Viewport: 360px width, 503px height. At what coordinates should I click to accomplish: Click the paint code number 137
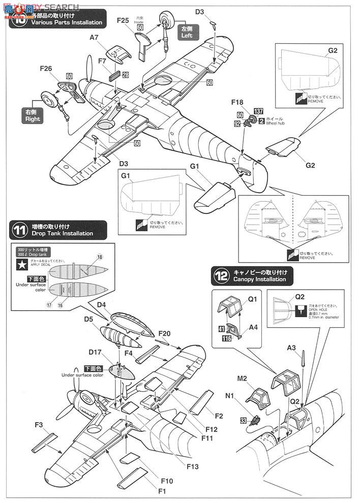tap(258, 112)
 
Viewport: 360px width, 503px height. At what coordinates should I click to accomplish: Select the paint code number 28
tap(125, 75)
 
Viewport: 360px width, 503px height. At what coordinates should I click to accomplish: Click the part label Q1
tap(254, 300)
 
